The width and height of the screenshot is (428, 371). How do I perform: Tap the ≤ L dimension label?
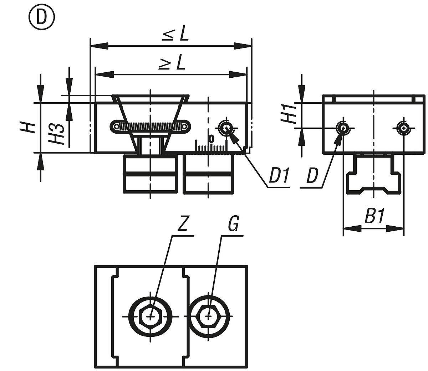[175, 34]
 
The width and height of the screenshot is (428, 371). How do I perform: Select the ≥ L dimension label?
[172, 62]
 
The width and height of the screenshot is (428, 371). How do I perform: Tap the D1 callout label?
[279, 176]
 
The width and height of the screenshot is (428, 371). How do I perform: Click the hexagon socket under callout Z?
[150, 317]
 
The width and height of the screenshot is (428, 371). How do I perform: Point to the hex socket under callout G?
[208, 317]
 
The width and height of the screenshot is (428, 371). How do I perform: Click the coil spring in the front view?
[150, 127]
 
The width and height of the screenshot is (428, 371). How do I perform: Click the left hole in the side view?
[343, 128]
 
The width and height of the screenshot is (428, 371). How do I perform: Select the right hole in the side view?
[404, 128]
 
